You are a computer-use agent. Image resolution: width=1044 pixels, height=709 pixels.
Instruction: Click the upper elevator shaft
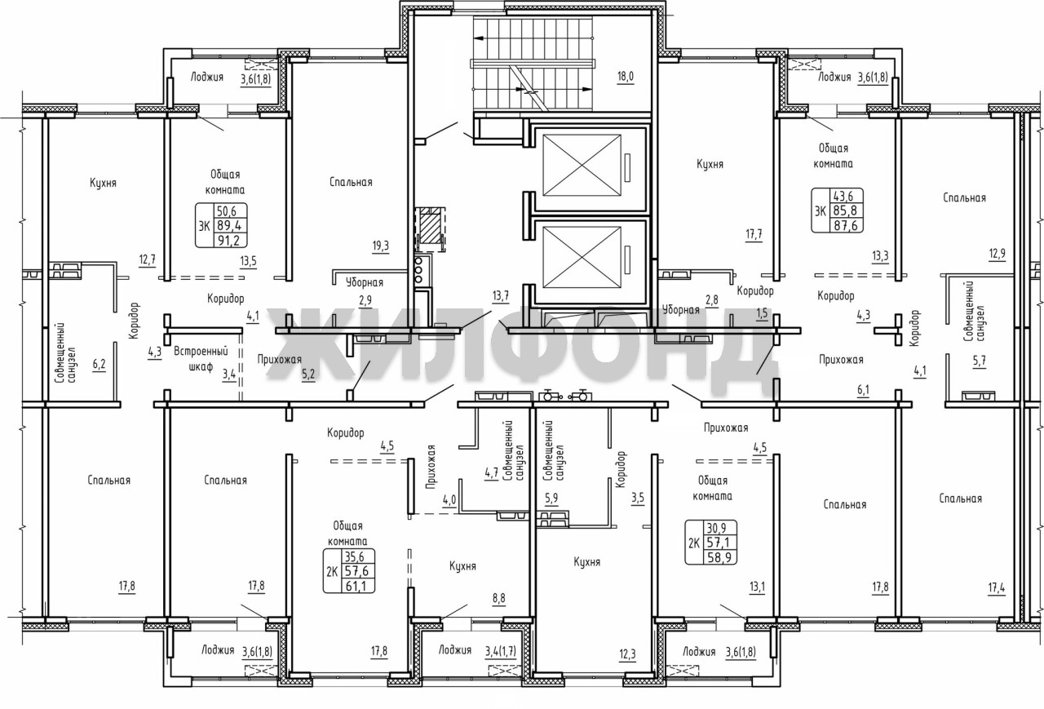(x=582, y=166)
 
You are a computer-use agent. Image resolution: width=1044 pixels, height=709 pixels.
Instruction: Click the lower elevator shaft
(x=582, y=258)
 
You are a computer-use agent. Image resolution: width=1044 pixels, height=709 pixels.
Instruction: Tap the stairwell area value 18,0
(x=626, y=77)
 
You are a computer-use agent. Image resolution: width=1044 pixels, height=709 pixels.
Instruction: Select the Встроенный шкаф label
(x=201, y=359)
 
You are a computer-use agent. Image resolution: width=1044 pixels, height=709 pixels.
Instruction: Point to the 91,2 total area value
(x=228, y=241)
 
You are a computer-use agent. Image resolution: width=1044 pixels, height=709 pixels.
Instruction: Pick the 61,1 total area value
(x=357, y=586)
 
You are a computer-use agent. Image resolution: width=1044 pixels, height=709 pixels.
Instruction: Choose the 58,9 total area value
(x=719, y=557)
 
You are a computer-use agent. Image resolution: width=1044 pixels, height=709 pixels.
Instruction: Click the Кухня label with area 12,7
(x=103, y=183)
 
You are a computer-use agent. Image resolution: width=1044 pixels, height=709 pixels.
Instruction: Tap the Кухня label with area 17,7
(x=710, y=164)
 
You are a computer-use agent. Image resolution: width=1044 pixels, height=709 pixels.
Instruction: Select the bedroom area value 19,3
(x=380, y=246)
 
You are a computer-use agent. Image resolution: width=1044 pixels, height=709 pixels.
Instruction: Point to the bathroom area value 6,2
(x=99, y=364)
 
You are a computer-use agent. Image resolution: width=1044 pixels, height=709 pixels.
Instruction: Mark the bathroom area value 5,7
(x=980, y=361)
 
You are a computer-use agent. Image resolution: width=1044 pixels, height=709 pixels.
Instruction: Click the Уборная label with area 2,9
(x=365, y=282)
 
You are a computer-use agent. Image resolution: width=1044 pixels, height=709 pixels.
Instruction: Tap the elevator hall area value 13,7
(x=501, y=295)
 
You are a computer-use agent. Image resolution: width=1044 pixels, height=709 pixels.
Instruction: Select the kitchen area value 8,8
(x=498, y=598)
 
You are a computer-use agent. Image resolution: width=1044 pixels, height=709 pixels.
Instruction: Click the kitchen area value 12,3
(x=627, y=654)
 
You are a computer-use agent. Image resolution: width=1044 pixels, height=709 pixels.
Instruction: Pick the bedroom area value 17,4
(x=997, y=587)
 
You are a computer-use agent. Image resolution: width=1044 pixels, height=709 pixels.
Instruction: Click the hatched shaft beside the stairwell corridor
(x=430, y=229)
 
